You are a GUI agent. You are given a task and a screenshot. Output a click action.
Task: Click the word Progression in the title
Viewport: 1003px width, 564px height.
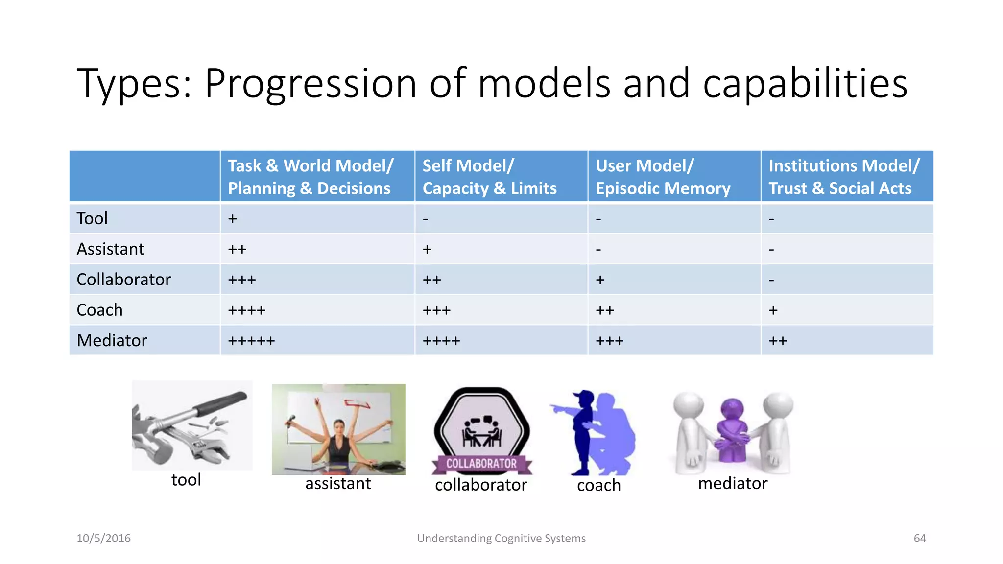(310, 83)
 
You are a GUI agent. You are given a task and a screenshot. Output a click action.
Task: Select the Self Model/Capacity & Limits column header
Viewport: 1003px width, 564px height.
(490, 177)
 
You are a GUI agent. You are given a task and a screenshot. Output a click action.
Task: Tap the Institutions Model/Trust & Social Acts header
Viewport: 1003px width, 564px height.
(843, 177)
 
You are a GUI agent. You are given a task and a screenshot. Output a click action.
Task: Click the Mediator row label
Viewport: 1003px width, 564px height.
(112, 340)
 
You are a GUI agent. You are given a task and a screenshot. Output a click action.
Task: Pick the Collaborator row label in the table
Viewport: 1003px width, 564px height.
(124, 280)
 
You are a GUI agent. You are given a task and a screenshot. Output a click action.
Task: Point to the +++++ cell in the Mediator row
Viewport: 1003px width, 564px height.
(252, 341)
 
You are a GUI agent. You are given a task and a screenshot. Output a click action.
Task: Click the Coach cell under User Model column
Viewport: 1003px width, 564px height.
(605, 310)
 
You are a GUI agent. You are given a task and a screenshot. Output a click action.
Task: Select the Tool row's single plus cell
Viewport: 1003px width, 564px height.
(233, 218)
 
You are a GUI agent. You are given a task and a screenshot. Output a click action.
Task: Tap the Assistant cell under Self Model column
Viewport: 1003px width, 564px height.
(427, 249)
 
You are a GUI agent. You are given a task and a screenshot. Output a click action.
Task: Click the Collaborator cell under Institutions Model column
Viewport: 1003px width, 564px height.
(771, 280)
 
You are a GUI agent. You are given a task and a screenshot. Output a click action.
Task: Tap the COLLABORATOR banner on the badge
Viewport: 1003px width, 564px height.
(481, 463)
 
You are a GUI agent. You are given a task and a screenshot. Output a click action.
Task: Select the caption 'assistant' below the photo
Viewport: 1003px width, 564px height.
(338, 484)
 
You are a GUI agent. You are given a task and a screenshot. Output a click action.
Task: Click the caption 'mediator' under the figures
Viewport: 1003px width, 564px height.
(733, 484)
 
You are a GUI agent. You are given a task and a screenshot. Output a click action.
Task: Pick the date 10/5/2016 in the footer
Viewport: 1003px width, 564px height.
(104, 538)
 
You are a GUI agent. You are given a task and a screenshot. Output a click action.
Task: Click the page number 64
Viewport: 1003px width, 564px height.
(920, 538)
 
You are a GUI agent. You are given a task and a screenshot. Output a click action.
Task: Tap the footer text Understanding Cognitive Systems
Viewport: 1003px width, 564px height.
(501, 538)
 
